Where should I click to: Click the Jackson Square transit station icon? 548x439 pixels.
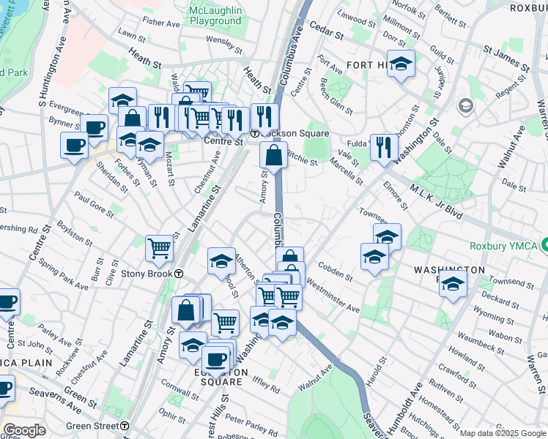click(254, 133)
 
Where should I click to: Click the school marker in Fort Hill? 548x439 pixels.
click(401, 64)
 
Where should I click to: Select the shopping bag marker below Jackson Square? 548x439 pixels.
click(273, 156)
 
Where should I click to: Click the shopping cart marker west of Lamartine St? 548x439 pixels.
click(159, 248)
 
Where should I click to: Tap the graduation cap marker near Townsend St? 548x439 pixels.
click(453, 284)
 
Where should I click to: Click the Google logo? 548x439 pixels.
click(24, 430)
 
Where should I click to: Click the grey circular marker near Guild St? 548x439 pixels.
click(465, 107)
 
